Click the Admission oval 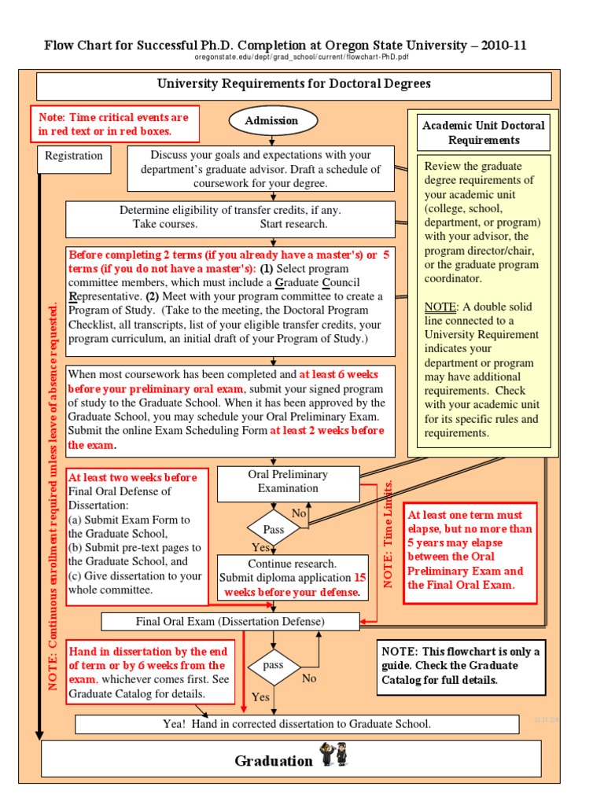[x=272, y=120]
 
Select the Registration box [x=74, y=156]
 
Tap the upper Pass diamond [x=273, y=530]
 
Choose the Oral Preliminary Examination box [x=288, y=482]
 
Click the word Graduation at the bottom [x=273, y=760]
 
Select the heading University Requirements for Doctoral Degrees [x=293, y=84]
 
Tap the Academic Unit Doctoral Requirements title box [x=484, y=133]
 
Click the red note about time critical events [x=114, y=124]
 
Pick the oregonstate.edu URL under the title [x=301, y=57]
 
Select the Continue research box [x=292, y=578]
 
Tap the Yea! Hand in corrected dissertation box [x=296, y=724]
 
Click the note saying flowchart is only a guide [x=461, y=666]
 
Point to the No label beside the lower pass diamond [x=309, y=678]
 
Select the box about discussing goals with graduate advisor [x=260, y=168]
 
